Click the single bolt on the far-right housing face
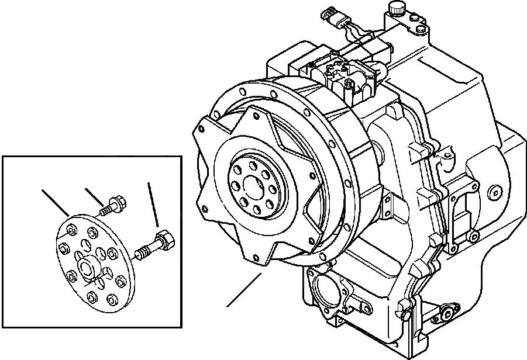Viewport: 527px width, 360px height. coord(496,190)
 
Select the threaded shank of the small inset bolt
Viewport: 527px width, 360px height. coord(106,208)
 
